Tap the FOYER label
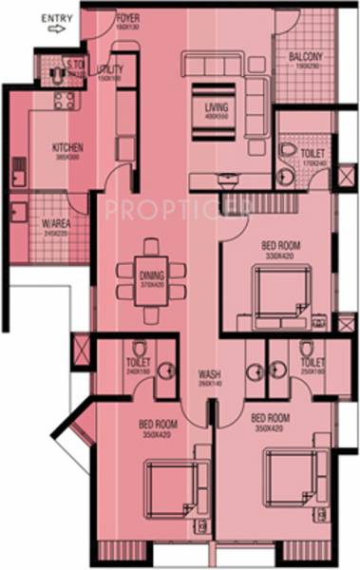127,18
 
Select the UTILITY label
111,69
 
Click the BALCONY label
307,56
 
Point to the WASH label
210,373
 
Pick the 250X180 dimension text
313,370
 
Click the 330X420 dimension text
281,255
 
